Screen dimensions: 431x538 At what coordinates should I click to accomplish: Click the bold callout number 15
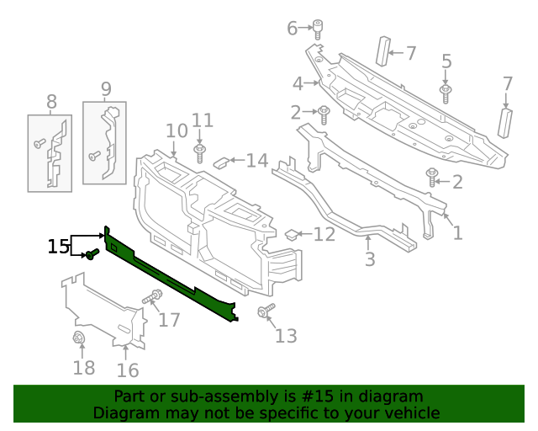click(58, 246)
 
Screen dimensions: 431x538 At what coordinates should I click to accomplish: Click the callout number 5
click(446, 61)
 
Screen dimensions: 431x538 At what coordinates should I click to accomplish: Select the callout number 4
click(298, 83)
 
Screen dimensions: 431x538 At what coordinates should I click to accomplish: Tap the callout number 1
click(457, 232)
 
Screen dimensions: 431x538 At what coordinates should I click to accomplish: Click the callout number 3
click(370, 259)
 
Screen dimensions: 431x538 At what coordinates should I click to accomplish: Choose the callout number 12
click(324, 235)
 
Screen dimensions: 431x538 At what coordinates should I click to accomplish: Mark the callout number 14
click(256, 160)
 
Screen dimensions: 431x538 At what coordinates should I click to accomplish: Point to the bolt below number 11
click(201, 152)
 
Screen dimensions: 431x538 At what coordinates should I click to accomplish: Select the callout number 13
click(286, 337)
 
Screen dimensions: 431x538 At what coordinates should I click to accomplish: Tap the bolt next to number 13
click(266, 311)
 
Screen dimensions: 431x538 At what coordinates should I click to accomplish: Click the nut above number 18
click(80, 339)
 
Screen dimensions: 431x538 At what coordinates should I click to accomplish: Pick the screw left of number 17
click(154, 296)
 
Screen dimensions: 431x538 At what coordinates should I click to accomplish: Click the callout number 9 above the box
click(106, 88)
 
